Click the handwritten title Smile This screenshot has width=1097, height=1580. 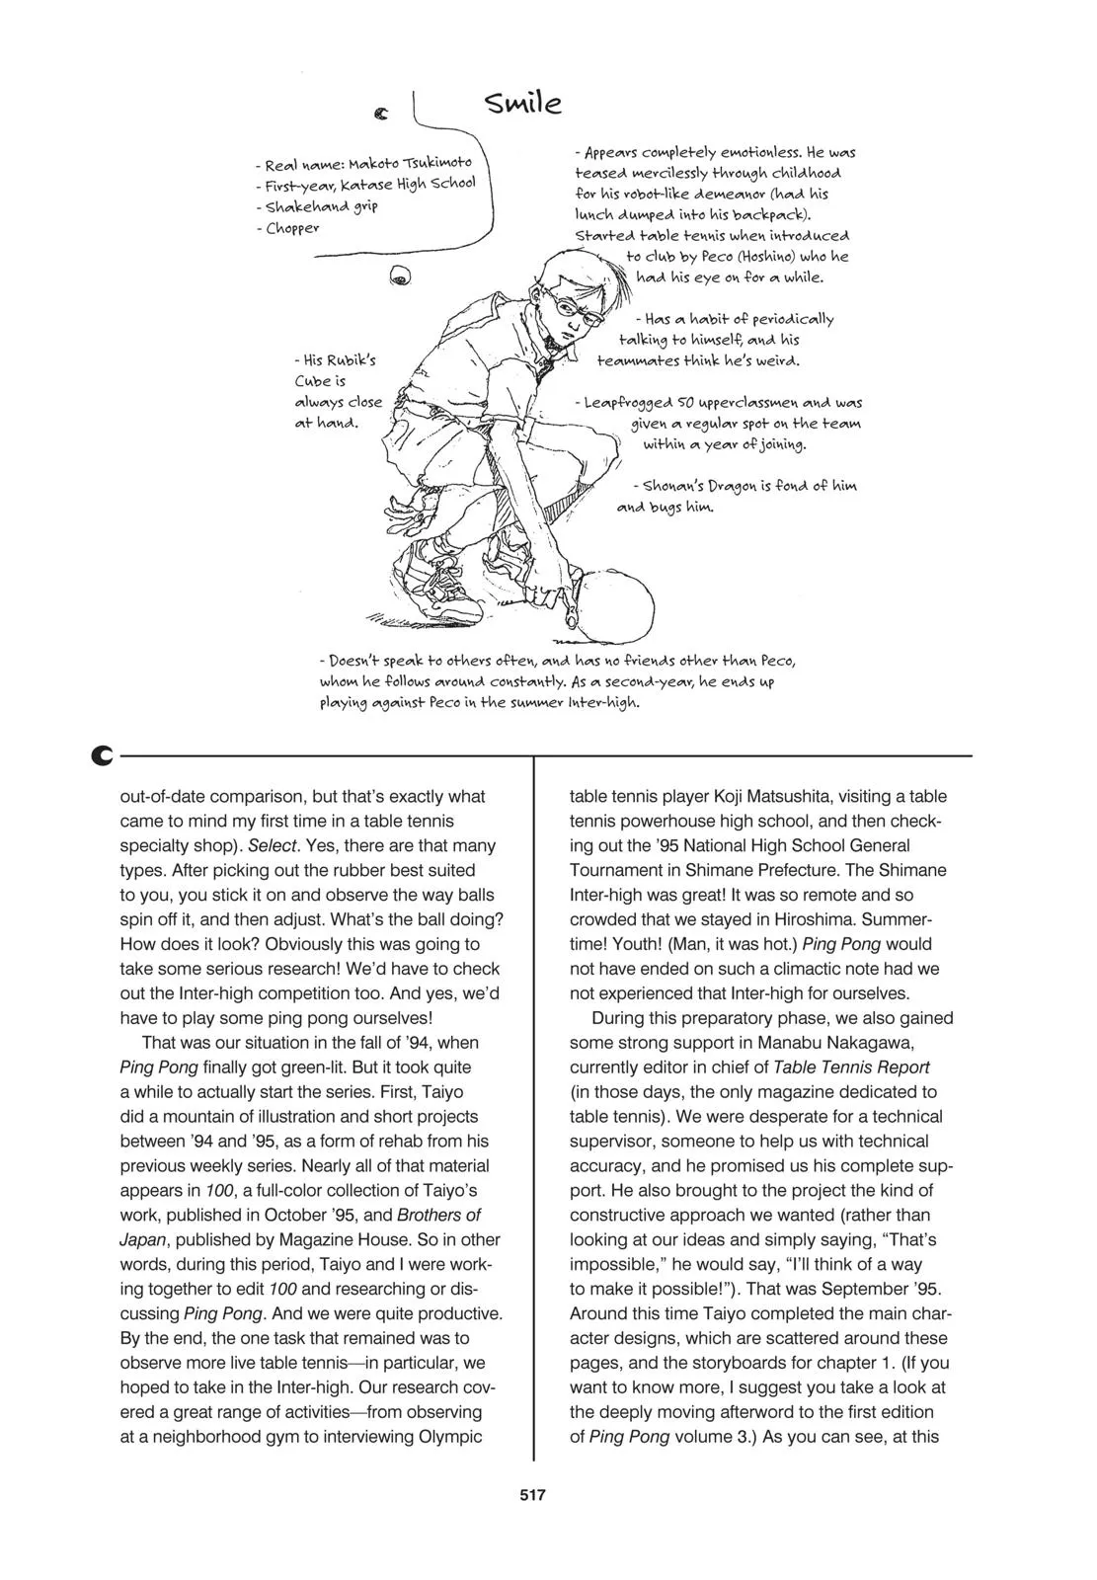(x=523, y=103)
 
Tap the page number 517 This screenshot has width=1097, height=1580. (x=532, y=1495)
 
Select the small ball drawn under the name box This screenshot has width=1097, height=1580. (x=401, y=278)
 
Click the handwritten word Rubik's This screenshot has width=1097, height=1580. (x=351, y=360)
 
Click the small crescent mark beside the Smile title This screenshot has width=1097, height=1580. (x=381, y=115)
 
